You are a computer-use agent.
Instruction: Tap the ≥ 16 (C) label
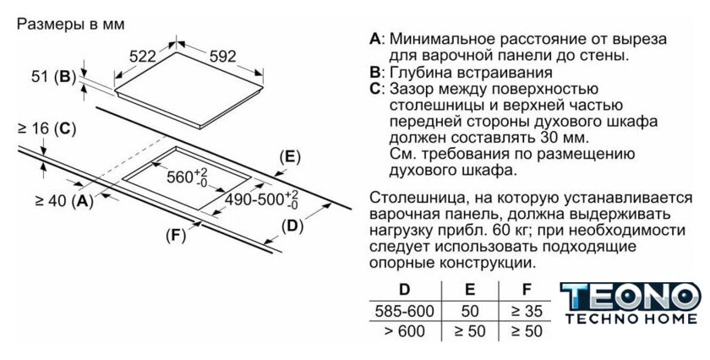[46, 129]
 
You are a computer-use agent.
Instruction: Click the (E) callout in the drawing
[290, 157]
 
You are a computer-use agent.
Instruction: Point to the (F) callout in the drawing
[175, 236]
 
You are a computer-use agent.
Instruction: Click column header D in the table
[405, 290]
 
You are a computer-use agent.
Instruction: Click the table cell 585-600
[405, 311]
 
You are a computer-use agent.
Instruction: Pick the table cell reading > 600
[405, 331]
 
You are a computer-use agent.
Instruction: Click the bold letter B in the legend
[374, 73]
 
